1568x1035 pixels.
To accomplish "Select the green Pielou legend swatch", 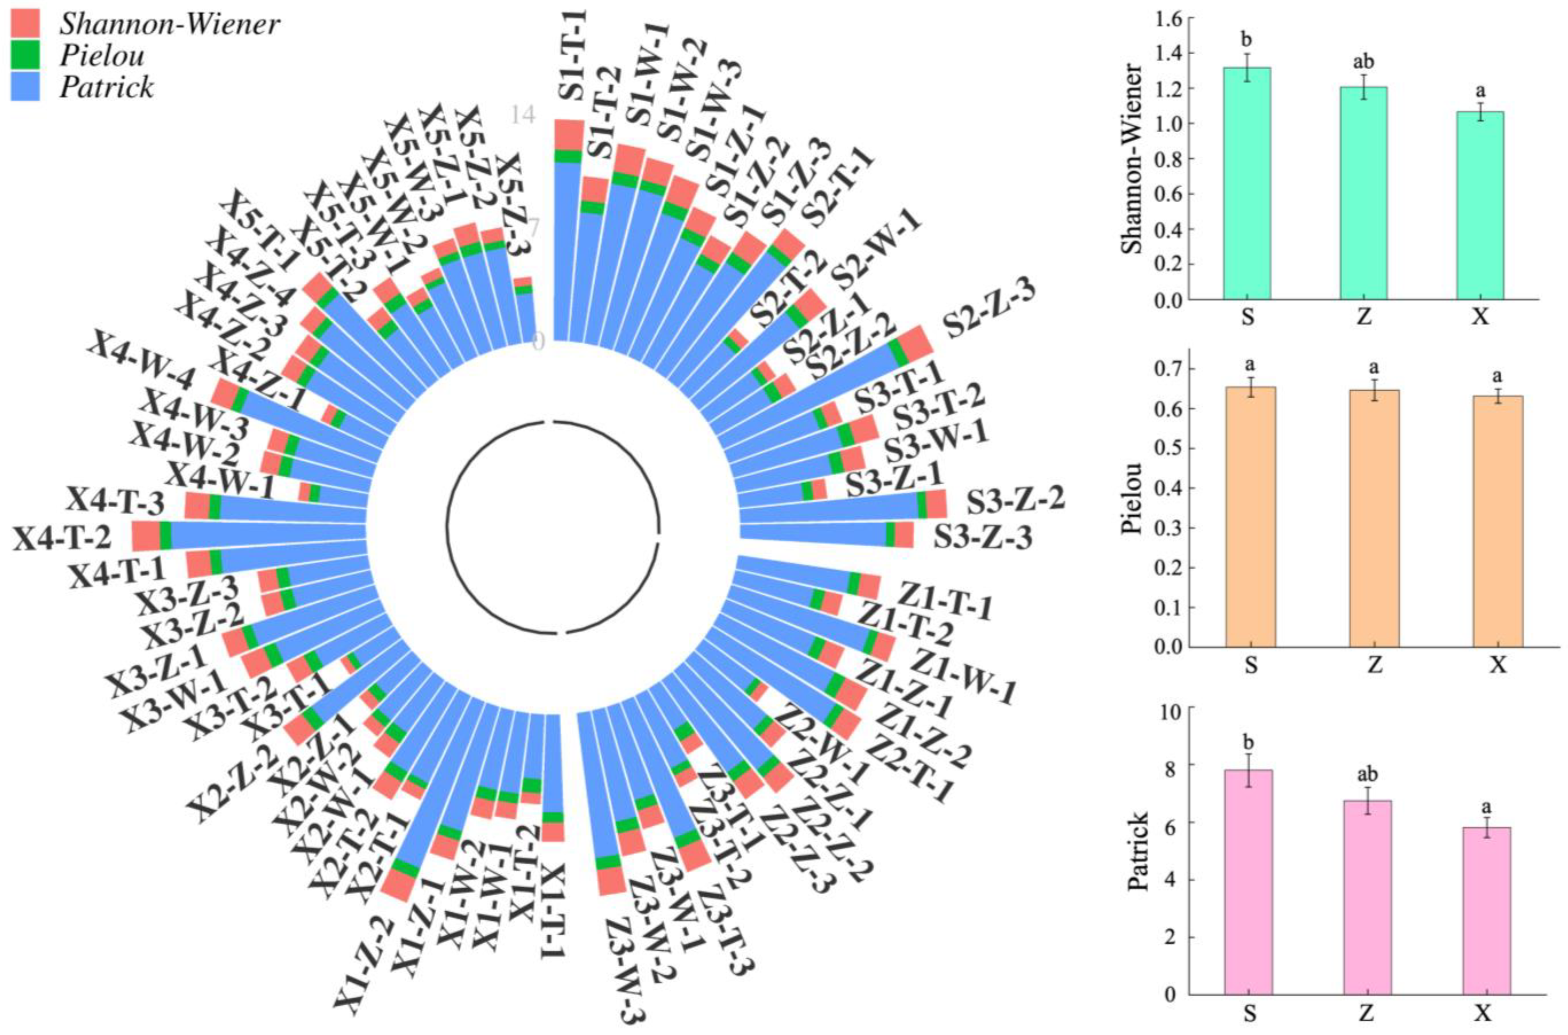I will (25, 55).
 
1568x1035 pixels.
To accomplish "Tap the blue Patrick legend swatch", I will (25, 86).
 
